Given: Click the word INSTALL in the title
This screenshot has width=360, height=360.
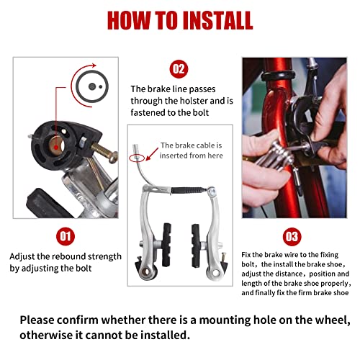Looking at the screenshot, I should pos(210,19).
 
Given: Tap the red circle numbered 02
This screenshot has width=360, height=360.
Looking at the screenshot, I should pos(179,70).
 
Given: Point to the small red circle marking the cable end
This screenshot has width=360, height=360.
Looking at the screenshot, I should pos(148,153).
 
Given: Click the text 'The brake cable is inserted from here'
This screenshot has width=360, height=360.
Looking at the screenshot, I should pos(190,150).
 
